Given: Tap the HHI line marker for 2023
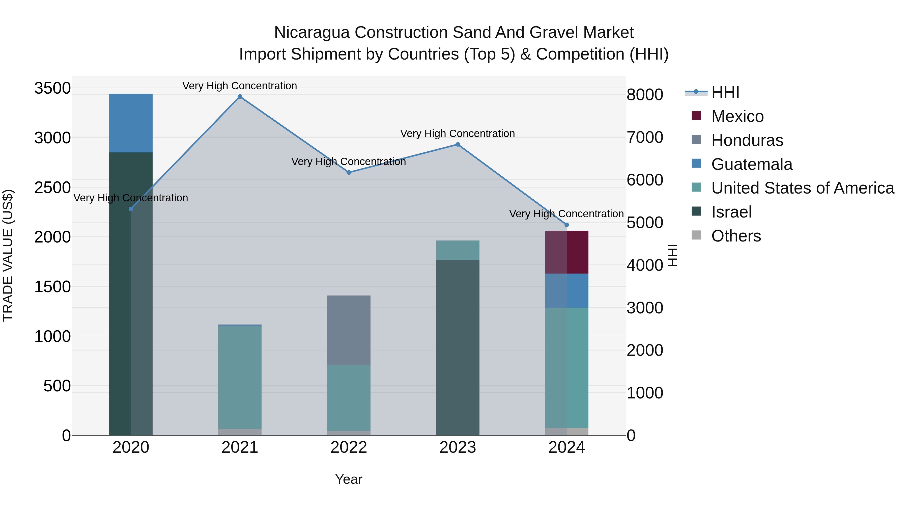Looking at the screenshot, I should (458, 144).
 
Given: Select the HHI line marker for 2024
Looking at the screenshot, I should (566, 225).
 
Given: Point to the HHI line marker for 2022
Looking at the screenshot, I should (349, 172).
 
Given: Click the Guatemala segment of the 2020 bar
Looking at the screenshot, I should (131, 123).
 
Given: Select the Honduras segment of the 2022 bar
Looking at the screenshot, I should (349, 330).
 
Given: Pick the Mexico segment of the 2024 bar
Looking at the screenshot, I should (566, 252).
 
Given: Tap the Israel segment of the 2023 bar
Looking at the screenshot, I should (458, 347).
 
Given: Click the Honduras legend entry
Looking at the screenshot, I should (747, 140).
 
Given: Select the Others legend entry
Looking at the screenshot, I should (736, 236).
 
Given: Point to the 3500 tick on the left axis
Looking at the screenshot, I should (52, 88).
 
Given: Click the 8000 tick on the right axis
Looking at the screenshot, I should (645, 95).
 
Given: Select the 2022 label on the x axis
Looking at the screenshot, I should (349, 447).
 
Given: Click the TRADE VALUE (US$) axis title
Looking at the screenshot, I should (8, 255).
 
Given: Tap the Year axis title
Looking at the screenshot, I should (349, 479).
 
